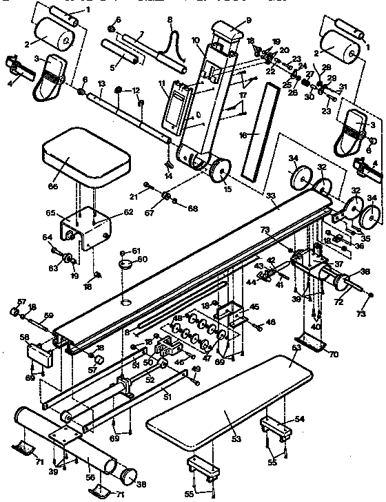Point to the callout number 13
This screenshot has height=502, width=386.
101,83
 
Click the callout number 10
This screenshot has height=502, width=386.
196,41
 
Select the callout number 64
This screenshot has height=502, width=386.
48,238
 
